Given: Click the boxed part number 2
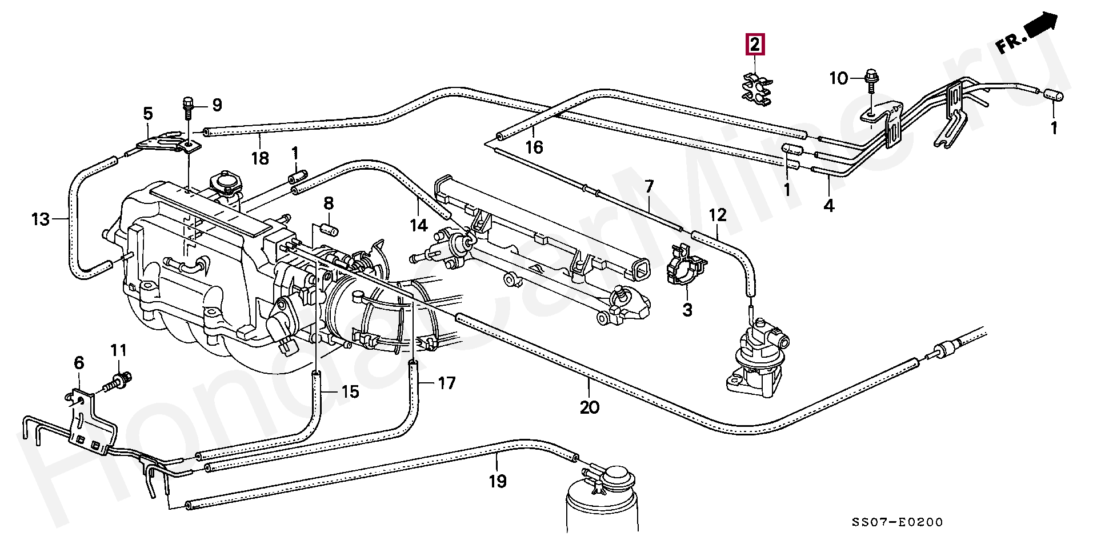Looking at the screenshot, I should click(755, 44).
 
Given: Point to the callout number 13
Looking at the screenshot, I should click(41, 219).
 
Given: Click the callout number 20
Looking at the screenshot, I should click(590, 407).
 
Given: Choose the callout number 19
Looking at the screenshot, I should click(498, 481).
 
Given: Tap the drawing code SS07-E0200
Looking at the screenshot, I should click(897, 522).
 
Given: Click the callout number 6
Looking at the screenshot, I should click(79, 363).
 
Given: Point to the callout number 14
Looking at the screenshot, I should click(419, 225).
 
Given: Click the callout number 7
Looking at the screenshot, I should click(649, 186).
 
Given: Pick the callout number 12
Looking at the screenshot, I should click(718, 215).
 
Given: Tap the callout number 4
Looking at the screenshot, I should click(829, 206).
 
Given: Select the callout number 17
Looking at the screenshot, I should click(447, 383).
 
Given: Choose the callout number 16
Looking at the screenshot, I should click(534, 147).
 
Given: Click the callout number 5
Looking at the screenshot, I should click(148, 114).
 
